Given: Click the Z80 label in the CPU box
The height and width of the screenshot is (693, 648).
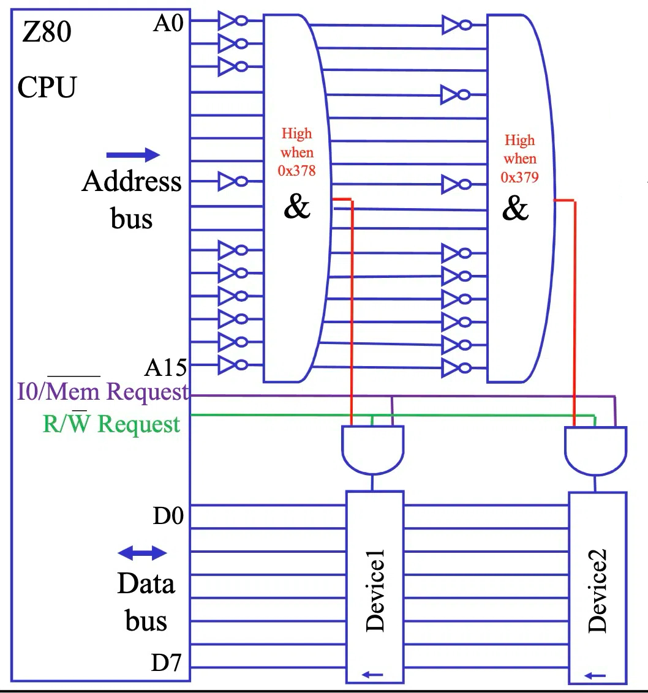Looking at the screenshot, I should click(47, 32).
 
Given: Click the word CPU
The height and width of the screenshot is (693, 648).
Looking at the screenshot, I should click(47, 87).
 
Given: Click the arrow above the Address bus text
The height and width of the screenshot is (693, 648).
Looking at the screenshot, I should click(133, 155).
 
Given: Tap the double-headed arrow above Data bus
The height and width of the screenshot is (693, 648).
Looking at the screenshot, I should click(142, 553).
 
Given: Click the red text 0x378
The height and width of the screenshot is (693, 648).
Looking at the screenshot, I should click(296, 171).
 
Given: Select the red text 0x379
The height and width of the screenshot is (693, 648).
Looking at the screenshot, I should click(519, 178).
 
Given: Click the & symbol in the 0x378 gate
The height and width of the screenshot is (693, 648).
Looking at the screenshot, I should click(297, 207).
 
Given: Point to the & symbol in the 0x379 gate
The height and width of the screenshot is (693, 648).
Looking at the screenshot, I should click(514, 209).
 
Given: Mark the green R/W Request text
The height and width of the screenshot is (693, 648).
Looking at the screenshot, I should click(111, 424).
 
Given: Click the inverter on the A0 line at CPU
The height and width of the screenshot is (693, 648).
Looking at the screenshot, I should click(232, 21).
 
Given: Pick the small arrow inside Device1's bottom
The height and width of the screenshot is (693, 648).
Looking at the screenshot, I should click(372, 675).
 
